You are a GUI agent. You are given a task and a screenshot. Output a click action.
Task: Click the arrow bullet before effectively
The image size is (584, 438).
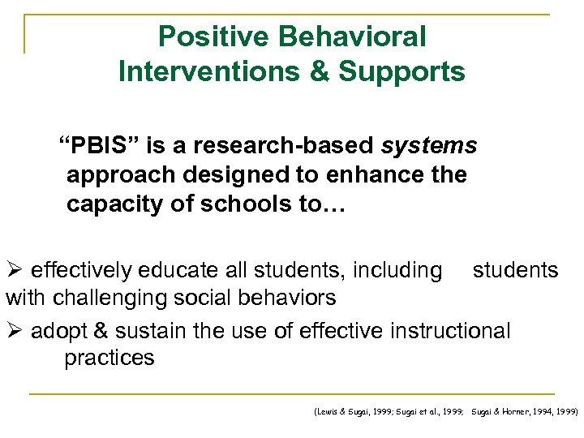tap(15, 270)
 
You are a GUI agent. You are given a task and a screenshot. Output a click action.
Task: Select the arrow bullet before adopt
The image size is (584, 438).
tap(15, 331)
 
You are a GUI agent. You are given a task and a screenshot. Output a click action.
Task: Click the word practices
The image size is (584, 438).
tap(109, 358)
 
